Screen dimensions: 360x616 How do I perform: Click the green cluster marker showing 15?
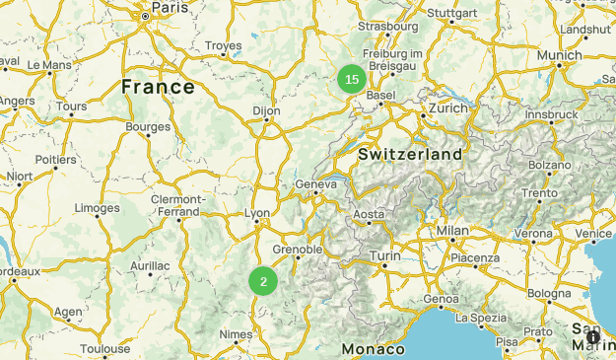pos(352,79)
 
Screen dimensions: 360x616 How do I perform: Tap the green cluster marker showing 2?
pos(263,281)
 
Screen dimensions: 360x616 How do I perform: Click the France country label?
pos(158,87)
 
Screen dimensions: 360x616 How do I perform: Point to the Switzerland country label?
pos(410,155)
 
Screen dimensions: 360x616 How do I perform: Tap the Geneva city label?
pos(316,183)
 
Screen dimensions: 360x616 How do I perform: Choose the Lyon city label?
pos(257,213)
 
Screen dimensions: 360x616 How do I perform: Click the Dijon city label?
pos(266,111)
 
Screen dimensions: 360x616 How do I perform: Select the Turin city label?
pos(384,255)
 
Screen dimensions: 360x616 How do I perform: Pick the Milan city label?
pos(452,231)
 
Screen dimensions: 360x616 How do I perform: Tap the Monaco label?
pos(374,349)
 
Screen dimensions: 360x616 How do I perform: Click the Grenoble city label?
pos(297,250)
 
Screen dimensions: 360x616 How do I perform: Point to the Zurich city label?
pos(448,108)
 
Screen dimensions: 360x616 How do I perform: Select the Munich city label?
pos(559,55)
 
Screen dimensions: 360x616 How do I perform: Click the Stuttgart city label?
pos(453,14)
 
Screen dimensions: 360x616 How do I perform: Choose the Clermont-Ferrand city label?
pos(177,205)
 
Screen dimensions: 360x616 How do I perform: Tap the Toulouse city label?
pos(104,348)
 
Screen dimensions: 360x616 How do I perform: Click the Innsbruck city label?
pos(550,114)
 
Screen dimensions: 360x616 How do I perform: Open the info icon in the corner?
pos(593,337)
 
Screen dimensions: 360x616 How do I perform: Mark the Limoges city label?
pos(97,208)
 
